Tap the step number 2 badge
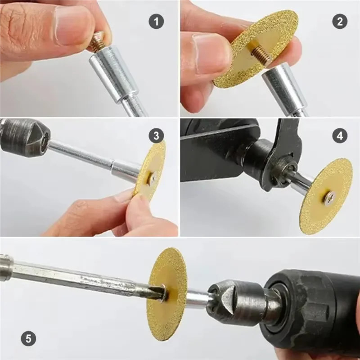340,21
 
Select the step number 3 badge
156,135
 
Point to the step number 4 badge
340,135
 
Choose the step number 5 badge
29,338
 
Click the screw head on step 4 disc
329,196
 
